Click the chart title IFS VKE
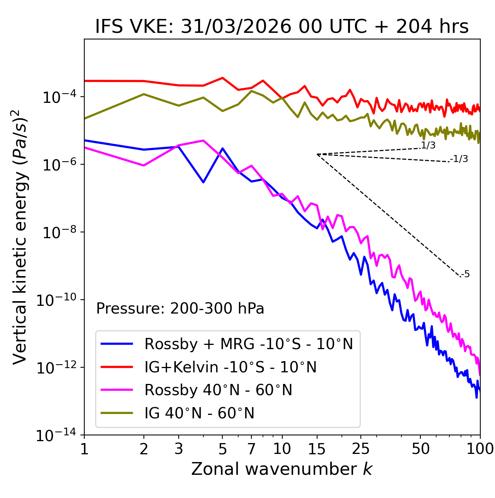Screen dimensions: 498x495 tap(282, 27)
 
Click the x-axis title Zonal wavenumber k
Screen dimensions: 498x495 tap(282, 469)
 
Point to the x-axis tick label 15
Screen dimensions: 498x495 tap(317, 449)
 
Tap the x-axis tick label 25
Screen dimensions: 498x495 tap(360, 449)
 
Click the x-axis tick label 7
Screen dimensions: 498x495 tap(251, 449)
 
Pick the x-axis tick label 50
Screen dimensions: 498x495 tap(420, 449)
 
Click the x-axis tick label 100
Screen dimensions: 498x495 tap(480, 449)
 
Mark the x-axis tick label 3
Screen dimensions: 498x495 tap(179, 449)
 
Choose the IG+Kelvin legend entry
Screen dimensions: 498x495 tap(230, 367)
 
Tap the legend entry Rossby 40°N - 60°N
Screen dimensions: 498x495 tap(218, 390)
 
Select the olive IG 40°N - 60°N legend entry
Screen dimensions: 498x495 tap(200, 413)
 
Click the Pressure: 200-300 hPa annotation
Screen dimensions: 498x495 tap(180, 309)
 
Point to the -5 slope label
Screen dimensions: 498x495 tap(465, 275)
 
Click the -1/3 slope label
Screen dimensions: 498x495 tap(459, 159)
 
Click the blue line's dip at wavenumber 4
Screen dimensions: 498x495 tap(203, 182)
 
